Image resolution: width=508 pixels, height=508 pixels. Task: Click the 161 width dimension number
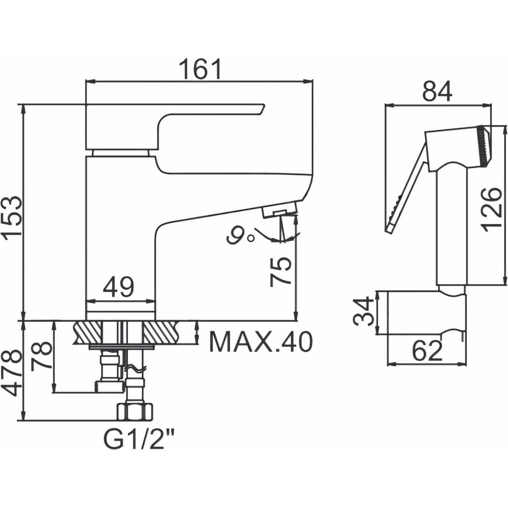click(200, 69)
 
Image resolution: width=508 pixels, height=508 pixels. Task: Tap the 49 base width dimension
click(118, 287)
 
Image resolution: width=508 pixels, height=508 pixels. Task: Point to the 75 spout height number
click(280, 271)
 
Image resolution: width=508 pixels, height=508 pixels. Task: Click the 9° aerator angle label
click(240, 236)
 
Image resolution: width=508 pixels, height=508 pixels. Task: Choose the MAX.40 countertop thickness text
click(261, 342)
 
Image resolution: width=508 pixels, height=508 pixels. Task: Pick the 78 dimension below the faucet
click(42, 355)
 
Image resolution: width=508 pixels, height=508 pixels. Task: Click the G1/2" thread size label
click(138, 439)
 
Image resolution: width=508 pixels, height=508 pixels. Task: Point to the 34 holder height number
click(364, 311)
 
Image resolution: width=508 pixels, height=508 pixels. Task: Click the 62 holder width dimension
click(428, 351)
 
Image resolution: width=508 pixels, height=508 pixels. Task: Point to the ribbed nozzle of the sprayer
click(484, 146)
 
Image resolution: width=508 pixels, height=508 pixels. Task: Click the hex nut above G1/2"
click(135, 411)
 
